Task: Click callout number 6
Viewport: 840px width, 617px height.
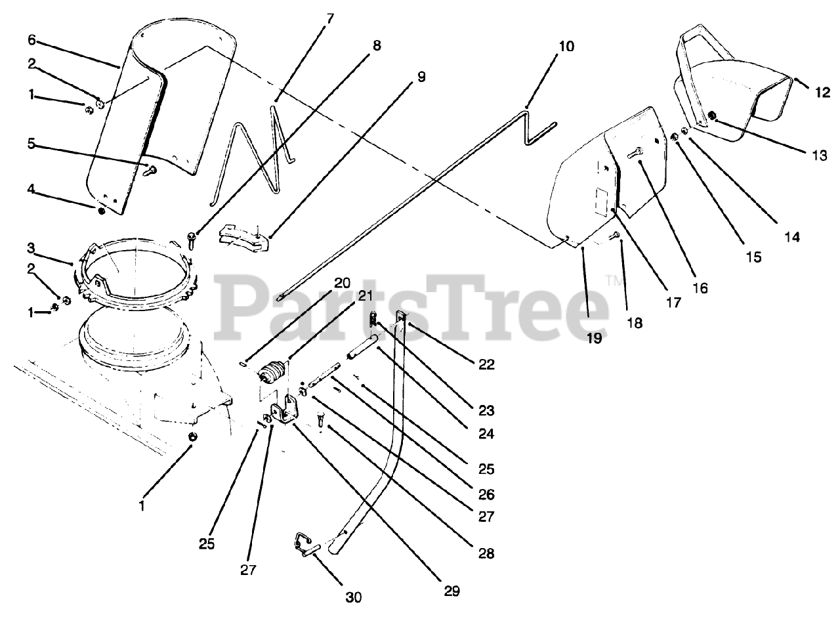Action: [32, 39]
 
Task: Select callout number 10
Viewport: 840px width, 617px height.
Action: [566, 47]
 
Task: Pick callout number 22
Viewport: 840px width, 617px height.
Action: [487, 364]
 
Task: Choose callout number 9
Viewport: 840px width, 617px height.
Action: [421, 77]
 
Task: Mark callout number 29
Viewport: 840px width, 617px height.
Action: [451, 591]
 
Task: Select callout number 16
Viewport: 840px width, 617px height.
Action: [700, 287]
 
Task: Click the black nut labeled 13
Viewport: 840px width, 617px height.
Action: [713, 117]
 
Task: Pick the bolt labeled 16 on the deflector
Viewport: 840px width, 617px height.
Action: [635, 154]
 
